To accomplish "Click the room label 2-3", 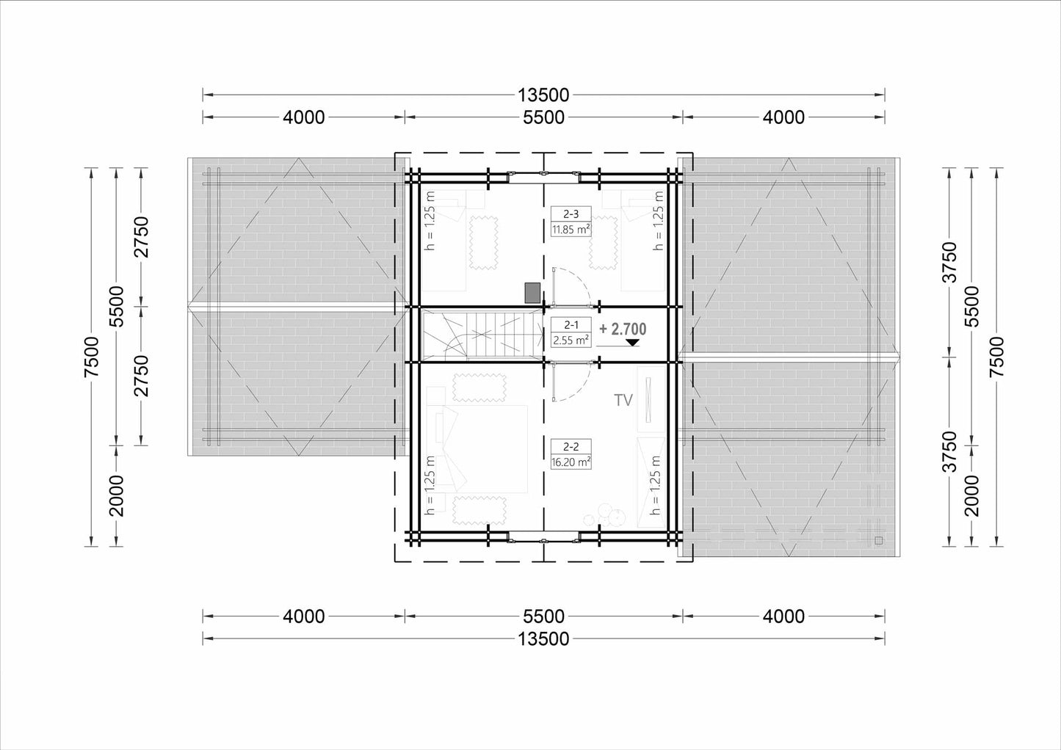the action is [x=571, y=214].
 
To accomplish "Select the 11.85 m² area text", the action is [x=571, y=230].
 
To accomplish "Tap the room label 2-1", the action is [x=571, y=325].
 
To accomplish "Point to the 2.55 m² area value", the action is [x=571, y=340].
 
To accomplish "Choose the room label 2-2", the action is [x=571, y=446].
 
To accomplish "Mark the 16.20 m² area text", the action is [x=571, y=462].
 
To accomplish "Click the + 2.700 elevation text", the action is [x=623, y=329].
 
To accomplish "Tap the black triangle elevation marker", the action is [x=632, y=343].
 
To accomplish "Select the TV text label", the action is [x=623, y=400].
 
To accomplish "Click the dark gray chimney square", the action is [x=533, y=293].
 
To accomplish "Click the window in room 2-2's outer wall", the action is [x=544, y=536].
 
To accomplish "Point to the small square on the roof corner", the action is [x=879, y=540].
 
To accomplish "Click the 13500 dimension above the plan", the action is [x=543, y=95].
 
